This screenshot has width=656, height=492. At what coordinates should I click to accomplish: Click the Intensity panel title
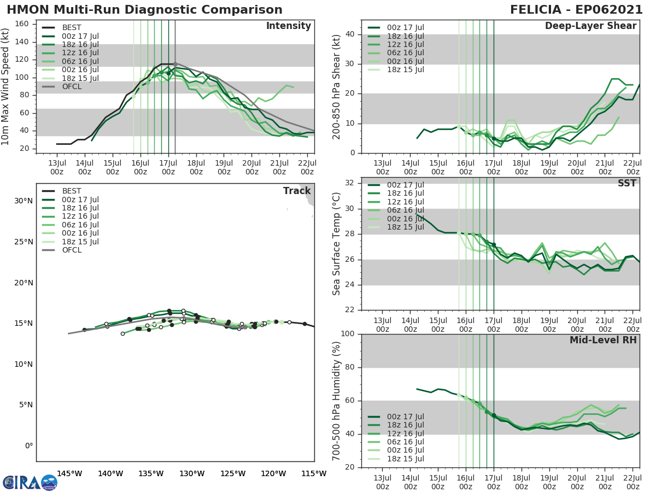(x=288, y=26)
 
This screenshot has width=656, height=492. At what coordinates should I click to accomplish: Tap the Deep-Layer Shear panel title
(x=590, y=26)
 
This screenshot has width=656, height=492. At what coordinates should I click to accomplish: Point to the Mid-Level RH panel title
(x=603, y=340)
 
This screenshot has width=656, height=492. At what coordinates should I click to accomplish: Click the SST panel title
(x=626, y=183)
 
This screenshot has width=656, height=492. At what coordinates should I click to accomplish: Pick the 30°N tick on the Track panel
(x=24, y=201)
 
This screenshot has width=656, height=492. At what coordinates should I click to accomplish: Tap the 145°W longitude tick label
(x=69, y=473)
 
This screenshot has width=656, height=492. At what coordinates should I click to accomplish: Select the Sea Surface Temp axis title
(x=337, y=244)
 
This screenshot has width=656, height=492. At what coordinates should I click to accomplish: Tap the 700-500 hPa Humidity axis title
(x=337, y=400)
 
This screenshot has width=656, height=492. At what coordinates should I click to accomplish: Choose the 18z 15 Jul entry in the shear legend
(x=404, y=69)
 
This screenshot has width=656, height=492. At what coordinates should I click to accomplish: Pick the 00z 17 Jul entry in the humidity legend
(x=404, y=417)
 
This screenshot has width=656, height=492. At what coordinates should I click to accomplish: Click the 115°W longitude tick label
(x=314, y=473)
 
